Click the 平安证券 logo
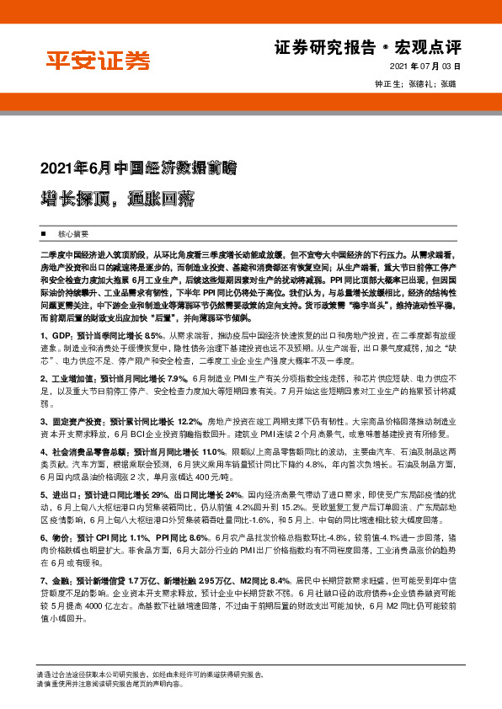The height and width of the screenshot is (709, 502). coord(98,60)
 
